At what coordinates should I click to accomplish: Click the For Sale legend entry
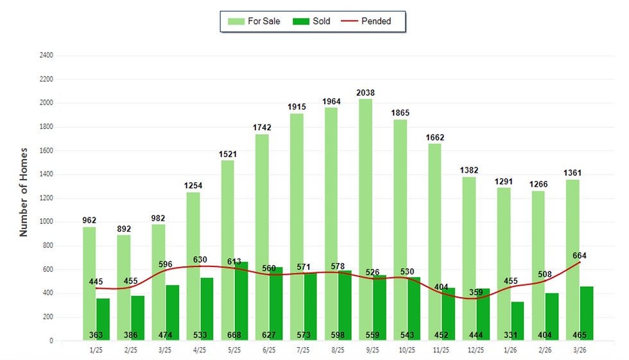click(x=255, y=21)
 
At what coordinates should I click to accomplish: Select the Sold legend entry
click(x=312, y=21)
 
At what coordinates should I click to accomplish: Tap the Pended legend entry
click(x=366, y=21)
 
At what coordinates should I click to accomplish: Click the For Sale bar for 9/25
click(x=365, y=193)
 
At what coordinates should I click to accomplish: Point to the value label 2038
click(x=365, y=93)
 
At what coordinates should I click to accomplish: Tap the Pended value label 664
click(x=580, y=255)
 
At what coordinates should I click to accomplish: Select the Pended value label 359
click(x=475, y=293)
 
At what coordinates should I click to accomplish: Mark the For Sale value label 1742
click(x=262, y=128)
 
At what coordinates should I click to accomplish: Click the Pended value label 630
click(x=200, y=259)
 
